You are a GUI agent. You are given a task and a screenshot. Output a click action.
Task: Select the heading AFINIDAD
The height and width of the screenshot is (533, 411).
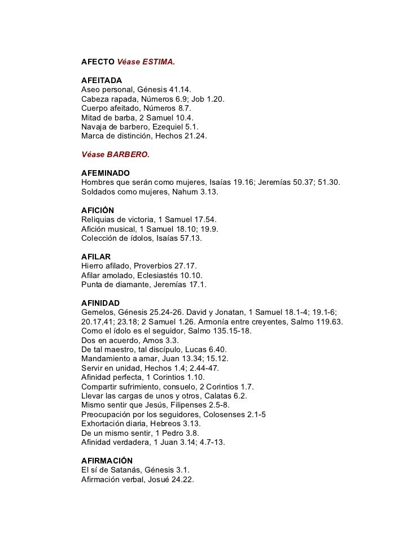100,302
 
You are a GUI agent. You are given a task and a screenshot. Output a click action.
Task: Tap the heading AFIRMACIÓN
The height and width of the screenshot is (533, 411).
107,461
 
